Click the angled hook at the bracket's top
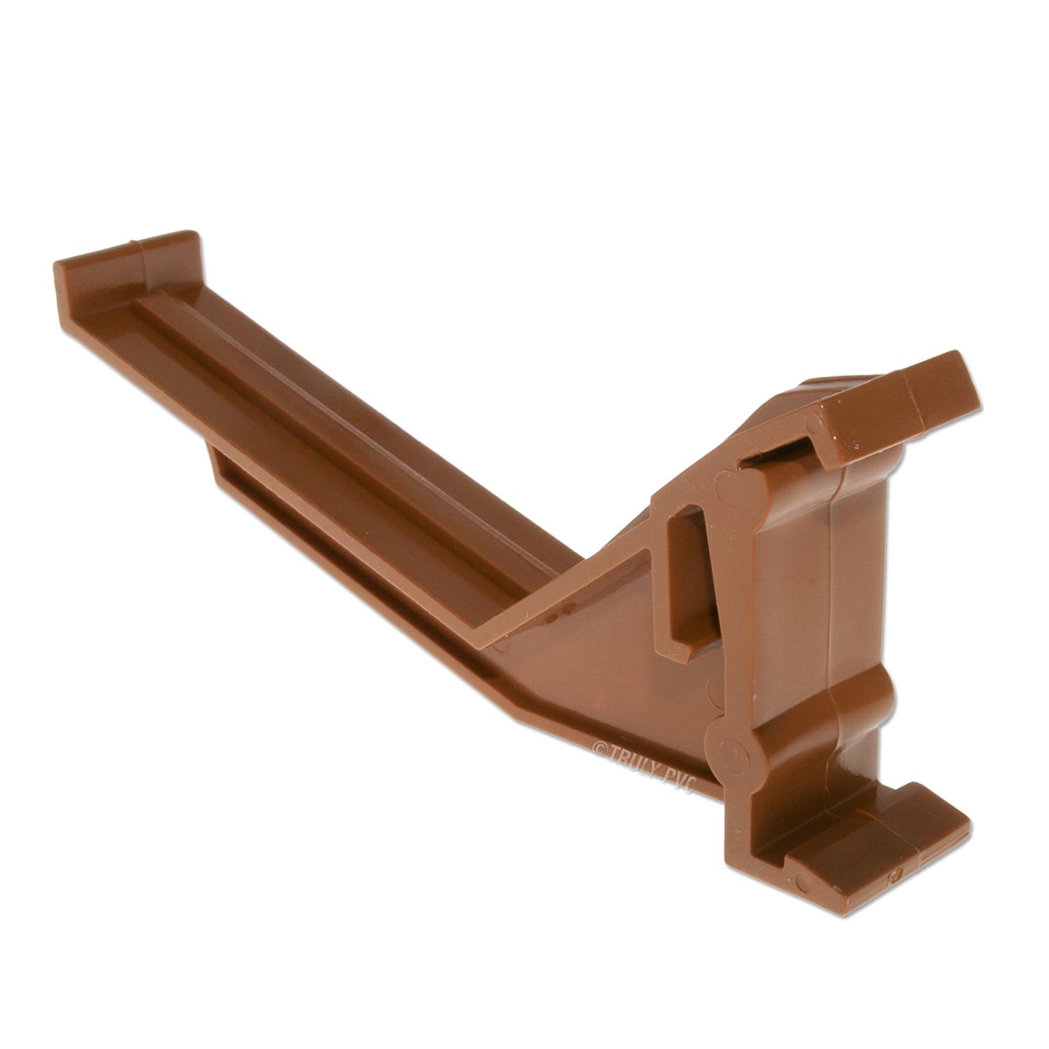[x=909, y=406]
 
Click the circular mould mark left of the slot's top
[x=724, y=486]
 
